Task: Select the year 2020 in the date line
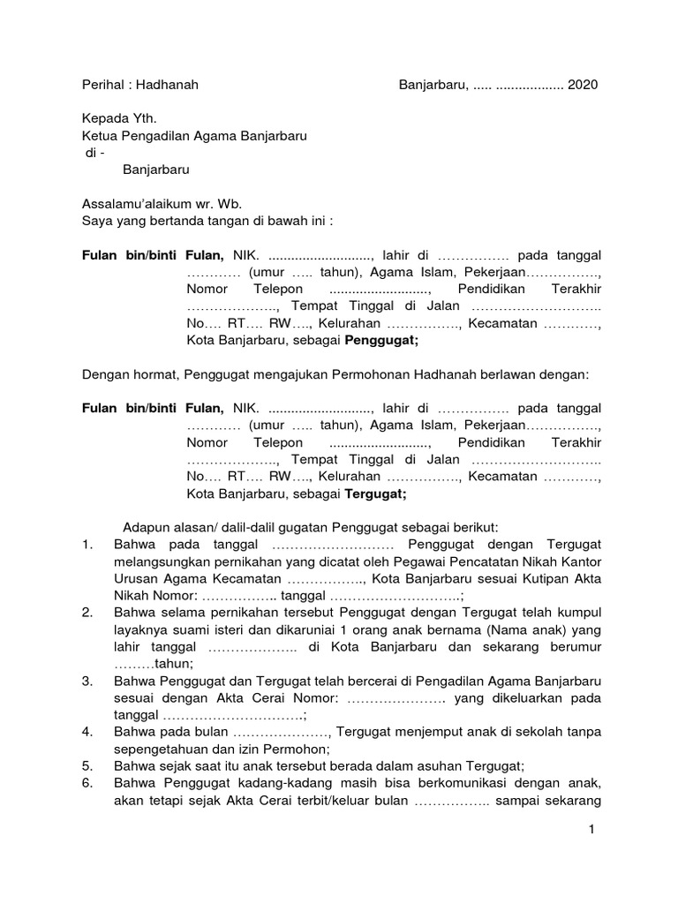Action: tap(583, 86)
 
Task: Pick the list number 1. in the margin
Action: tap(87, 545)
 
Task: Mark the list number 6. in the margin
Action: tap(87, 784)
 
